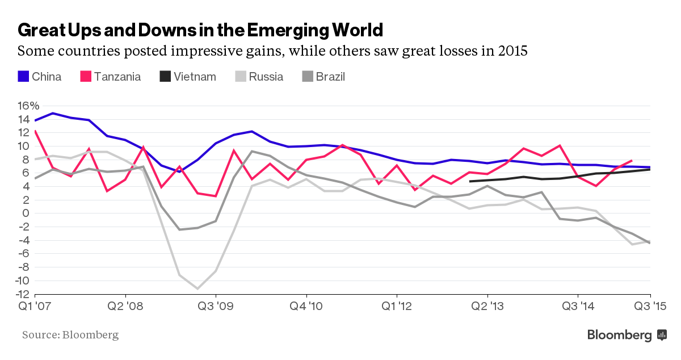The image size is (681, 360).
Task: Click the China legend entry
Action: tap(40, 77)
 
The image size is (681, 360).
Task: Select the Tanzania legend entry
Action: tap(110, 77)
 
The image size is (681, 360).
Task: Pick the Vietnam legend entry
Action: tap(187, 77)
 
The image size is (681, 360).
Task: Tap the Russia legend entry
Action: tap(258, 77)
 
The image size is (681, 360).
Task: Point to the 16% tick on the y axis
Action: tap(28, 106)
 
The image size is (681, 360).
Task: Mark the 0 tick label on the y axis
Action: tap(25, 214)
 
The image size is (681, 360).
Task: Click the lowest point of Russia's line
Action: tap(197, 288)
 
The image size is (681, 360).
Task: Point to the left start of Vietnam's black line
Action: tap(470, 181)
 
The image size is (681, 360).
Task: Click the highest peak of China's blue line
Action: tap(53, 113)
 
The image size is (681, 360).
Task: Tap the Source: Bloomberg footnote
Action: tap(70, 335)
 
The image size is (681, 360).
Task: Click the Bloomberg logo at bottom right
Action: tap(627, 335)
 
